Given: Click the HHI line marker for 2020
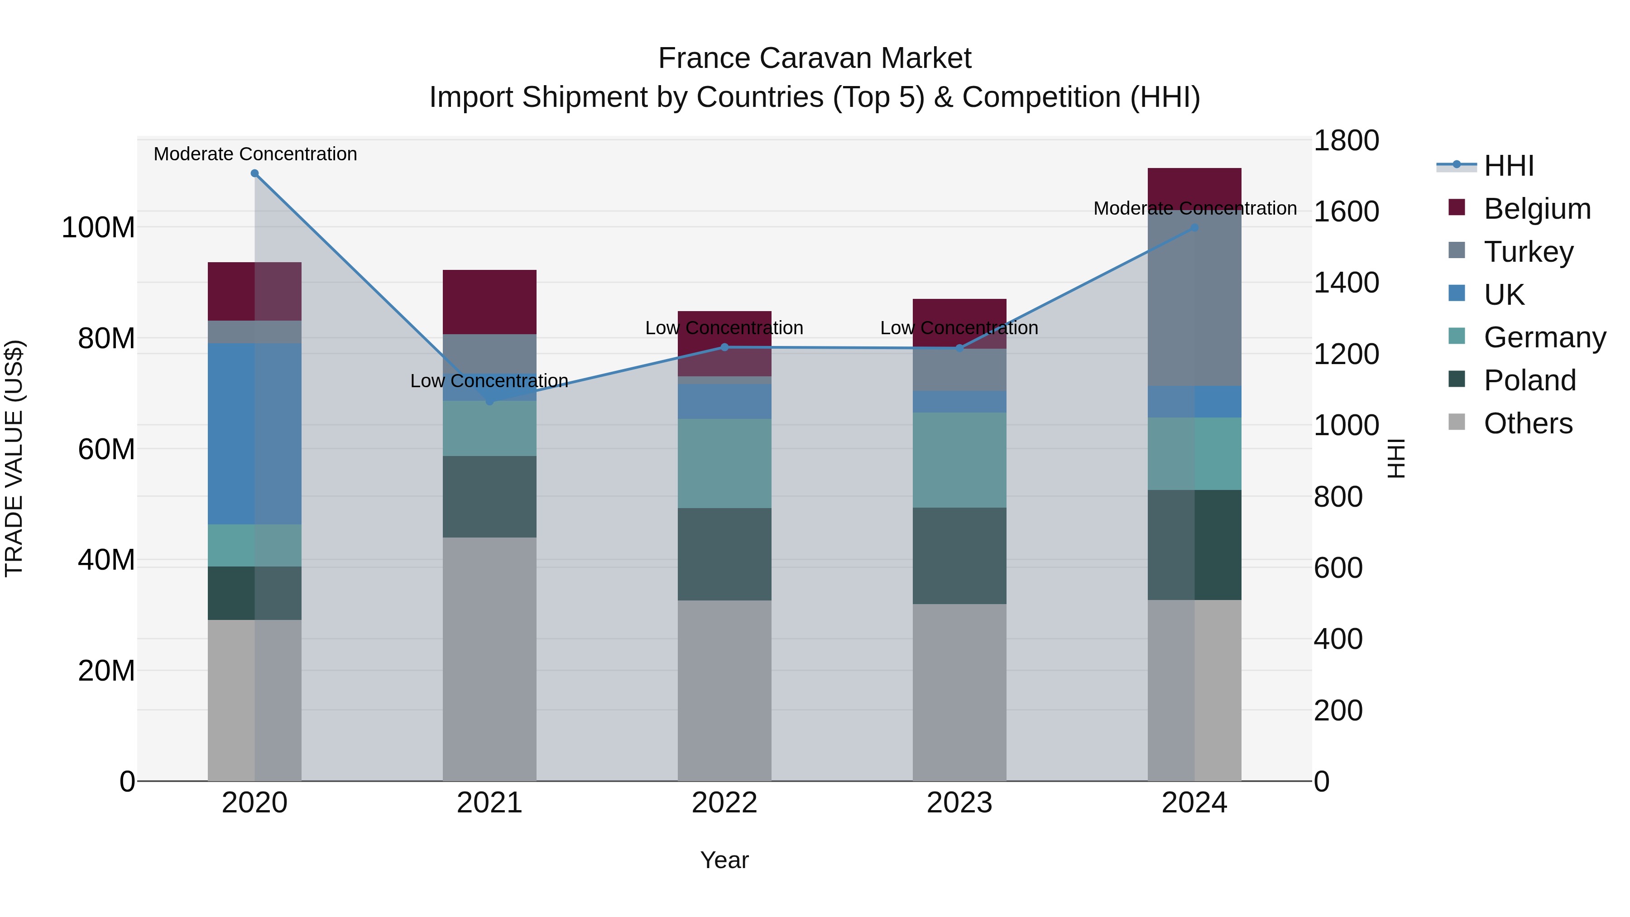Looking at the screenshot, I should coord(254,173).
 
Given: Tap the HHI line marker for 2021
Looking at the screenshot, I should coord(489,401).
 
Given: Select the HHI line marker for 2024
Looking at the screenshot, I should coord(1194,228).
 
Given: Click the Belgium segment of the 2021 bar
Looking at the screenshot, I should coord(489,302).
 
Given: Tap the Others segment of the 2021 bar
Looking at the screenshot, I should coord(489,658).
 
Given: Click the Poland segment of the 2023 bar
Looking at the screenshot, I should coord(959,556).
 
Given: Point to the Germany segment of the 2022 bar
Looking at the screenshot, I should coord(724,463).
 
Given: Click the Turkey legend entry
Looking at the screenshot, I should coord(1528,252).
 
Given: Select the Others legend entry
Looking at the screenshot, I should coord(1528,423).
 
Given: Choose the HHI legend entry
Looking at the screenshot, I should coord(1509,166).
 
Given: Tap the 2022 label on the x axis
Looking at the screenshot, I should coord(724,803).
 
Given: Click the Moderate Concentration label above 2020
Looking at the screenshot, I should coord(255,154).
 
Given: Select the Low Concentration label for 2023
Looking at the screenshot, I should coord(959,328).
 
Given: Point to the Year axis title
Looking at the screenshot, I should coord(724,860).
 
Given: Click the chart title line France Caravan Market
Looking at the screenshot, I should coord(815,58).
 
